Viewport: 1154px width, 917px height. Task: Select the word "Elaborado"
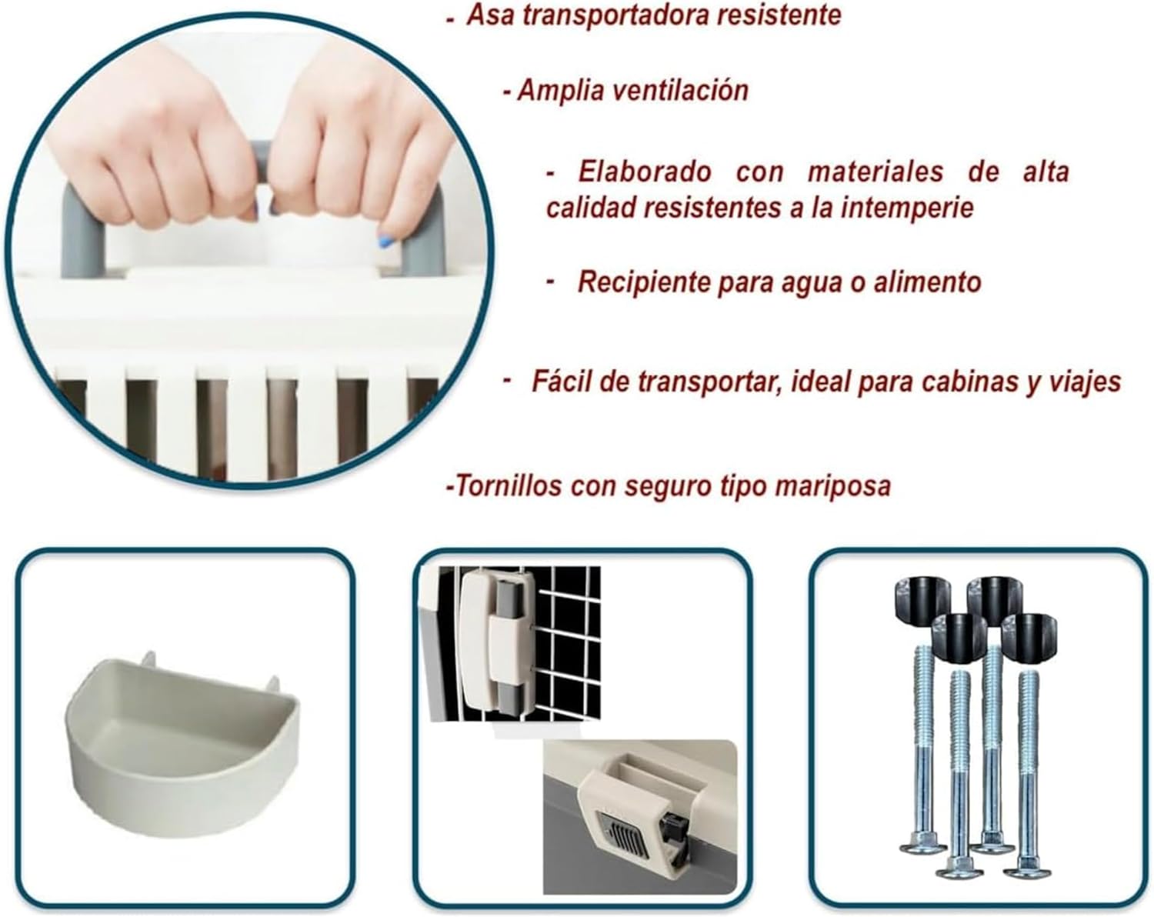click(645, 172)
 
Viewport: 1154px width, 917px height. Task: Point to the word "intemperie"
click(907, 208)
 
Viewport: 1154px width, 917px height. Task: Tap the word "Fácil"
click(561, 382)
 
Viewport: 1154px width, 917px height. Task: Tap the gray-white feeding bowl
click(182, 742)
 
